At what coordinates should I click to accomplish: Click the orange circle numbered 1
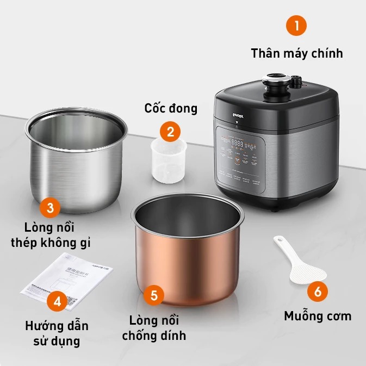[x=296, y=25]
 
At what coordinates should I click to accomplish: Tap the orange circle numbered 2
[x=170, y=131]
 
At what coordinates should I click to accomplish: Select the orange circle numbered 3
[x=50, y=207]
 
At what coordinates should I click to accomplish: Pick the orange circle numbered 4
[x=57, y=301]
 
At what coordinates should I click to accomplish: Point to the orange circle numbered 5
[x=154, y=295]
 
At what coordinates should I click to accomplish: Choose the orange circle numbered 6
[x=318, y=291]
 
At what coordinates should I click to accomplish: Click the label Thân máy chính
[x=296, y=53]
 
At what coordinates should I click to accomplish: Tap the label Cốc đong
[x=170, y=108]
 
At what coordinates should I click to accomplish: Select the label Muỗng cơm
[x=318, y=316]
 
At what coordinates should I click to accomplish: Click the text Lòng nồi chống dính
[x=154, y=327]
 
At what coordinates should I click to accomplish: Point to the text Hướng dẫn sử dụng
[x=57, y=333]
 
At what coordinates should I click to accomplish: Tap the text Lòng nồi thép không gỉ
[x=50, y=234]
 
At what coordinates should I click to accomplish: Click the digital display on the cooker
[x=238, y=144]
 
